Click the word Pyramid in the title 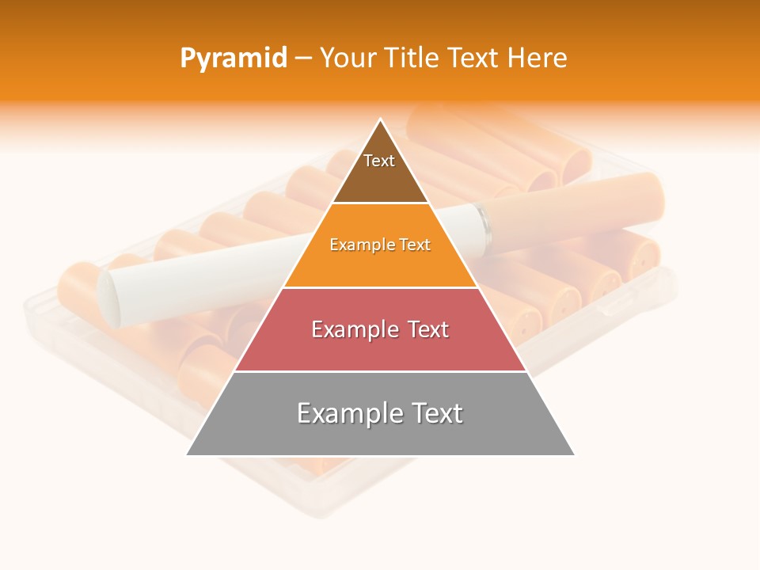pos(233,59)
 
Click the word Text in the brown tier pos(379,161)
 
